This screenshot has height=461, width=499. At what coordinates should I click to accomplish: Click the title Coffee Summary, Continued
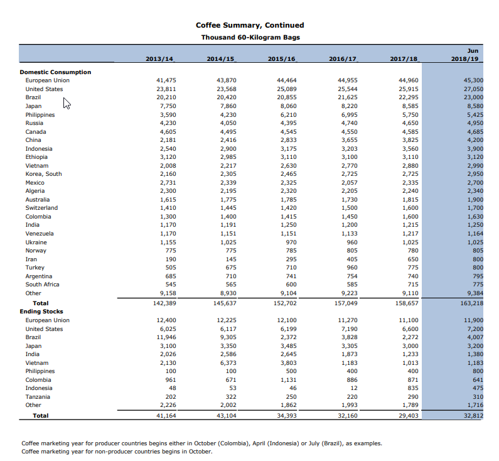click(x=250, y=25)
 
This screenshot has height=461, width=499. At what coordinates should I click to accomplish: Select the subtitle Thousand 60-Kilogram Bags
click(x=250, y=37)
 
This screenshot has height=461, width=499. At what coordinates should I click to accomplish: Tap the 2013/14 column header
click(x=159, y=58)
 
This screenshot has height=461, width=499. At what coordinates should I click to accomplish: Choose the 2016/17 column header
click(x=343, y=58)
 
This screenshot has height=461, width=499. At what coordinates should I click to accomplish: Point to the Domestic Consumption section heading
click(x=55, y=72)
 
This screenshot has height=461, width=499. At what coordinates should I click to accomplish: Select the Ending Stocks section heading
click(x=41, y=311)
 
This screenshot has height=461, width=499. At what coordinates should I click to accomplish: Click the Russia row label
click(x=35, y=123)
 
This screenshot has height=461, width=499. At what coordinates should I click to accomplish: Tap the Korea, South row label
click(x=43, y=173)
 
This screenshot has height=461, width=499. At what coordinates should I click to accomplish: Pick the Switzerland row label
click(x=41, y=207)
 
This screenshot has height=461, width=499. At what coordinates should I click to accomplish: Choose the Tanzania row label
click(x=38, y=397)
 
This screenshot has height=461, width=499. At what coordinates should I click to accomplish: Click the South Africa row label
click(x=42, y=285)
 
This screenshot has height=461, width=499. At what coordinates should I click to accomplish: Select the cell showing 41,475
click(x=166, y=80)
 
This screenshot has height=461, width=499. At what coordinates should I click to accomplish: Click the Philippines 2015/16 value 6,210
click(x=288, y=115)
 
